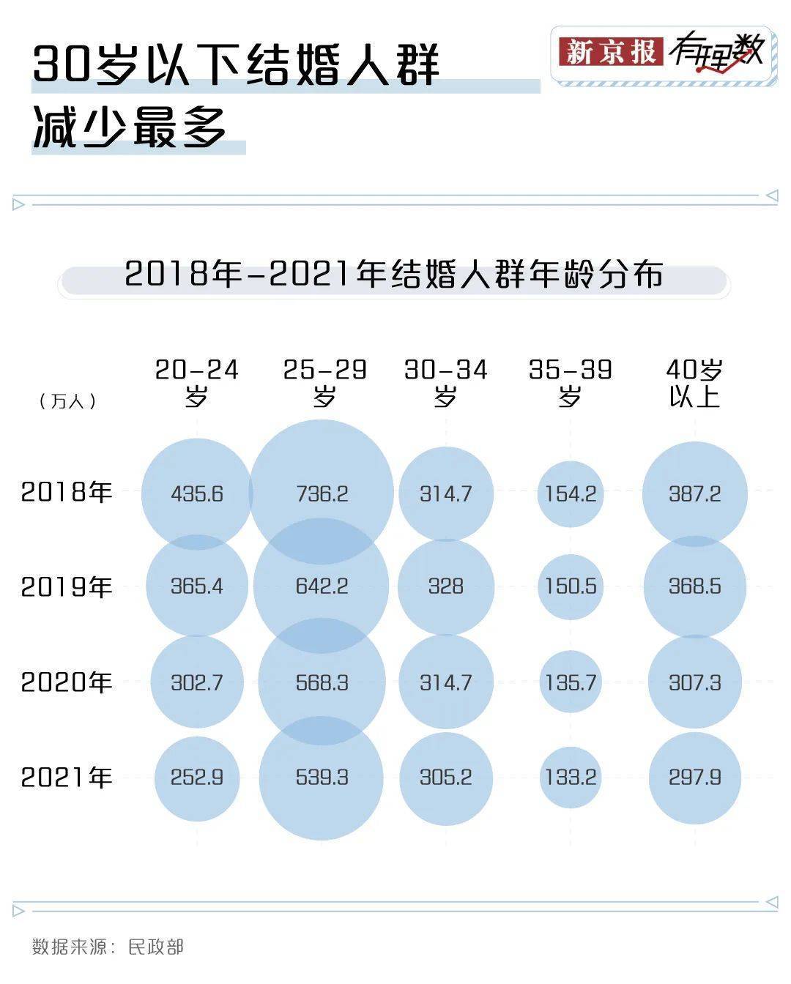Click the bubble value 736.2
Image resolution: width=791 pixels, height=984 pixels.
[322, 493]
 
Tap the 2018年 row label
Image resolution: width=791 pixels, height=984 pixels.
[66, 491]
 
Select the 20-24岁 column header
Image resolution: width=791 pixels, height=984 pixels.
[196, 382]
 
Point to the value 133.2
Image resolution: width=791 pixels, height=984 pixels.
[570, 777]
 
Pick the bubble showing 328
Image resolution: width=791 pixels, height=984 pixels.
[445, 586]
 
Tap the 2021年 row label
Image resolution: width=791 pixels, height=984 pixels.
[66, 777]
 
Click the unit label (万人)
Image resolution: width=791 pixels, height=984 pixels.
[67, 401]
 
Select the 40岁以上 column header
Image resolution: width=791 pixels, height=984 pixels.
[694, 382]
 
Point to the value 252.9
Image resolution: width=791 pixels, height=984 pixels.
[196, 777]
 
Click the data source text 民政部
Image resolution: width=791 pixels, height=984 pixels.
[155, 947]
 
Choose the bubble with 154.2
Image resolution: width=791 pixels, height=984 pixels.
[570, 493]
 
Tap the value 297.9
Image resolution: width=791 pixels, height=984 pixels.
[694, 777]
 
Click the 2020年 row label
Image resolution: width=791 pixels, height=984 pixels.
[66, 682]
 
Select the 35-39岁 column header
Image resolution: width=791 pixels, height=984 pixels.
[570, 382]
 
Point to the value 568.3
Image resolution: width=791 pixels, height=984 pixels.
[322, 682]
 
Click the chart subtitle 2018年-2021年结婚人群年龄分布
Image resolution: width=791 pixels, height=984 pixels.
[394, 275]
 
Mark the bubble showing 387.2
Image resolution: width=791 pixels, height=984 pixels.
[694, 493]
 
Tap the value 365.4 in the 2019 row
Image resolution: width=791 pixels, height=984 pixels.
[196, 586]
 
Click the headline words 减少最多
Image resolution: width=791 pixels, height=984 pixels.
[130, 129]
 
